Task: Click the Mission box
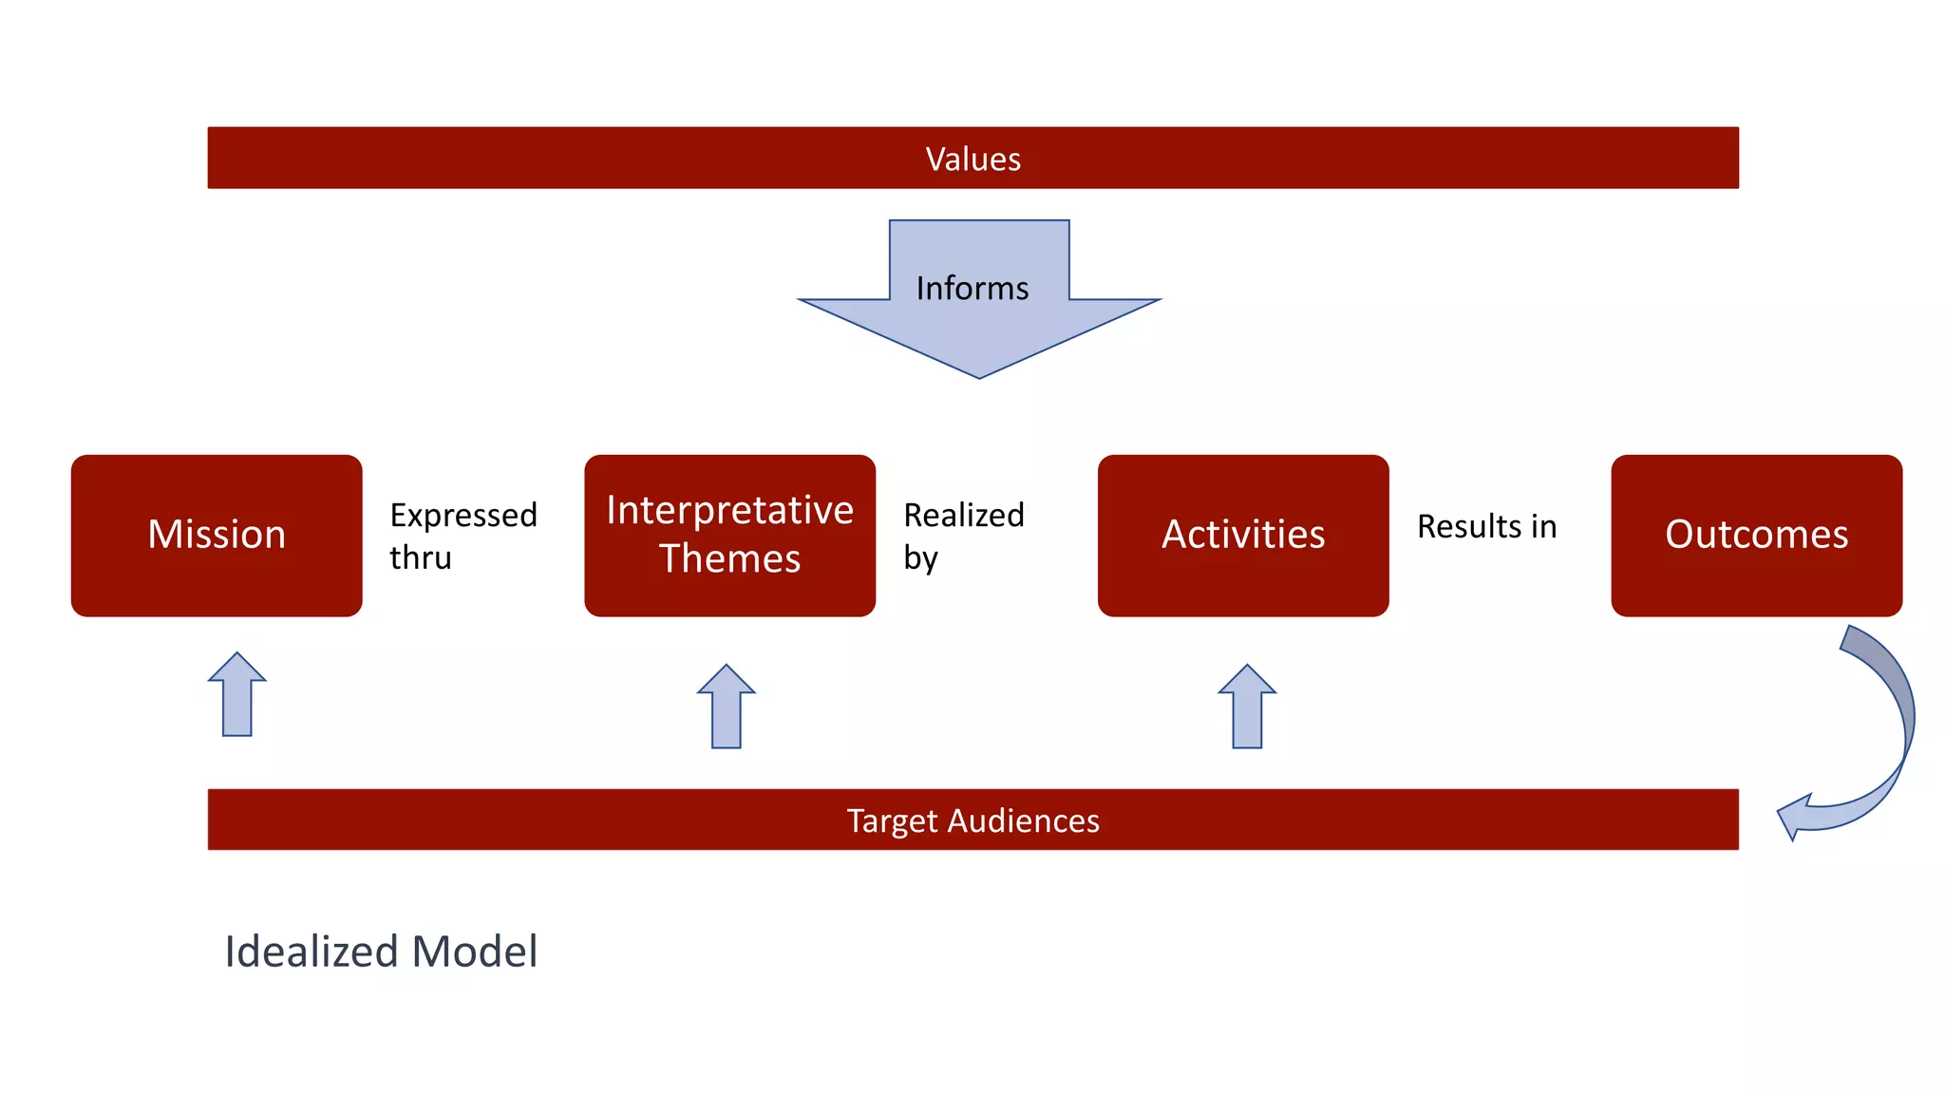[217, 536]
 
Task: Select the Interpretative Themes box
[729, 536]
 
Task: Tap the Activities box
[1243, 536]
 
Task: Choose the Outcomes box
[1756, 536]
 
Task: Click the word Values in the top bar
[973, 159]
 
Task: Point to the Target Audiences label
[973, 820]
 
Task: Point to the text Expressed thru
[463, 536]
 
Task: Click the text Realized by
[963, 536]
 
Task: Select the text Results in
[1486, 526]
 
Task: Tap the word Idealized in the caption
[311, 952]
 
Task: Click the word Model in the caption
[475, 952]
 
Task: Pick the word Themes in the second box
[729, 558]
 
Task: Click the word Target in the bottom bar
[891, 820]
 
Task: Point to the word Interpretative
[729, 511]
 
